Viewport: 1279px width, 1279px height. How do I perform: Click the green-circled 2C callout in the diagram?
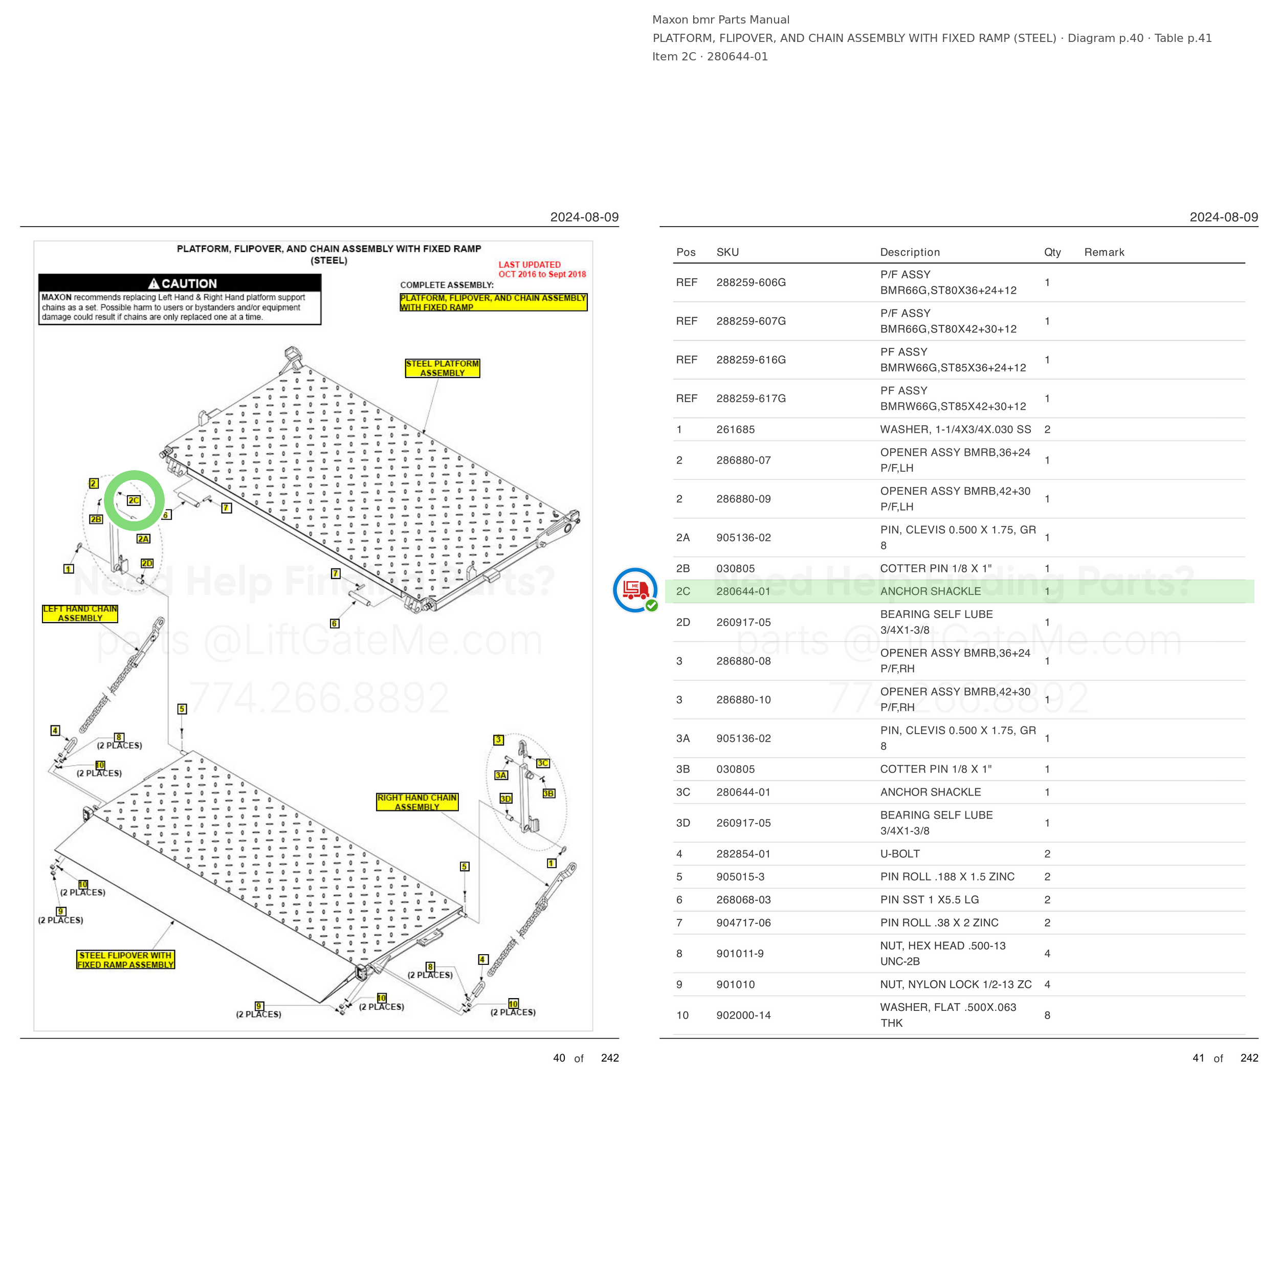[134, 500]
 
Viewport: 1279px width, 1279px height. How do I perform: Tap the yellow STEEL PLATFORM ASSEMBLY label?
[442, 368]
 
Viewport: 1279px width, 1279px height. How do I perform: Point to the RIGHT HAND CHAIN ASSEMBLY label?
[417, 802]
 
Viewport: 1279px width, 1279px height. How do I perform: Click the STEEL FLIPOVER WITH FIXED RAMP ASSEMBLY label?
[126, 960]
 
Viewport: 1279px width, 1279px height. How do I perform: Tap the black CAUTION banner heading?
[180, 283]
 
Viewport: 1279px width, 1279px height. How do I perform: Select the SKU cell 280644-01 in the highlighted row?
[743, 591]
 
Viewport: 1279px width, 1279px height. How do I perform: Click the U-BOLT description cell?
[900, 854]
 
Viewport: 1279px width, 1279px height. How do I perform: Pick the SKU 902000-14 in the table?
[743, 1016]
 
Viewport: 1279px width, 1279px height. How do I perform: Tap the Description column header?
[910, 252]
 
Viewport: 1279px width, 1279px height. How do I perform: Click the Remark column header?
[1104, 252]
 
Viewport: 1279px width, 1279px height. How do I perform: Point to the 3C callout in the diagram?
[543, 763]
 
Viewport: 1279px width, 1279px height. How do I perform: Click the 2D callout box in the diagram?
[147, 563]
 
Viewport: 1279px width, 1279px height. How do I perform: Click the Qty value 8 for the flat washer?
[1047, 1016]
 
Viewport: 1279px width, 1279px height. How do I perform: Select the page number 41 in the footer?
[1198, 1058]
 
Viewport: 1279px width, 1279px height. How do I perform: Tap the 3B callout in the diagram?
[549, 793]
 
